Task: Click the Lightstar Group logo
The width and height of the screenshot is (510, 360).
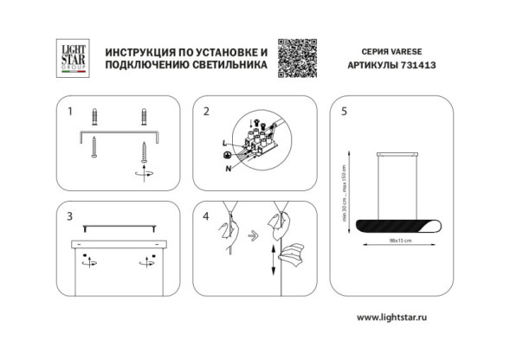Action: pos(69,56)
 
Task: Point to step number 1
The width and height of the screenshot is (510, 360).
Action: pos(71,112)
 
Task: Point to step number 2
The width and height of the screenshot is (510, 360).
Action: pos(207,112)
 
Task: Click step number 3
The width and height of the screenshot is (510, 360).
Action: pos(71,215)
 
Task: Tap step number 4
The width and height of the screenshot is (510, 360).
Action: pos(207,215)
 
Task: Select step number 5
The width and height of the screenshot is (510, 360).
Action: pos(345,112)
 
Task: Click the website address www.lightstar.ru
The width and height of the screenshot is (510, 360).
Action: pos(393,318)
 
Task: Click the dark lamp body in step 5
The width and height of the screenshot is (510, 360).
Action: pos(397,225)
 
